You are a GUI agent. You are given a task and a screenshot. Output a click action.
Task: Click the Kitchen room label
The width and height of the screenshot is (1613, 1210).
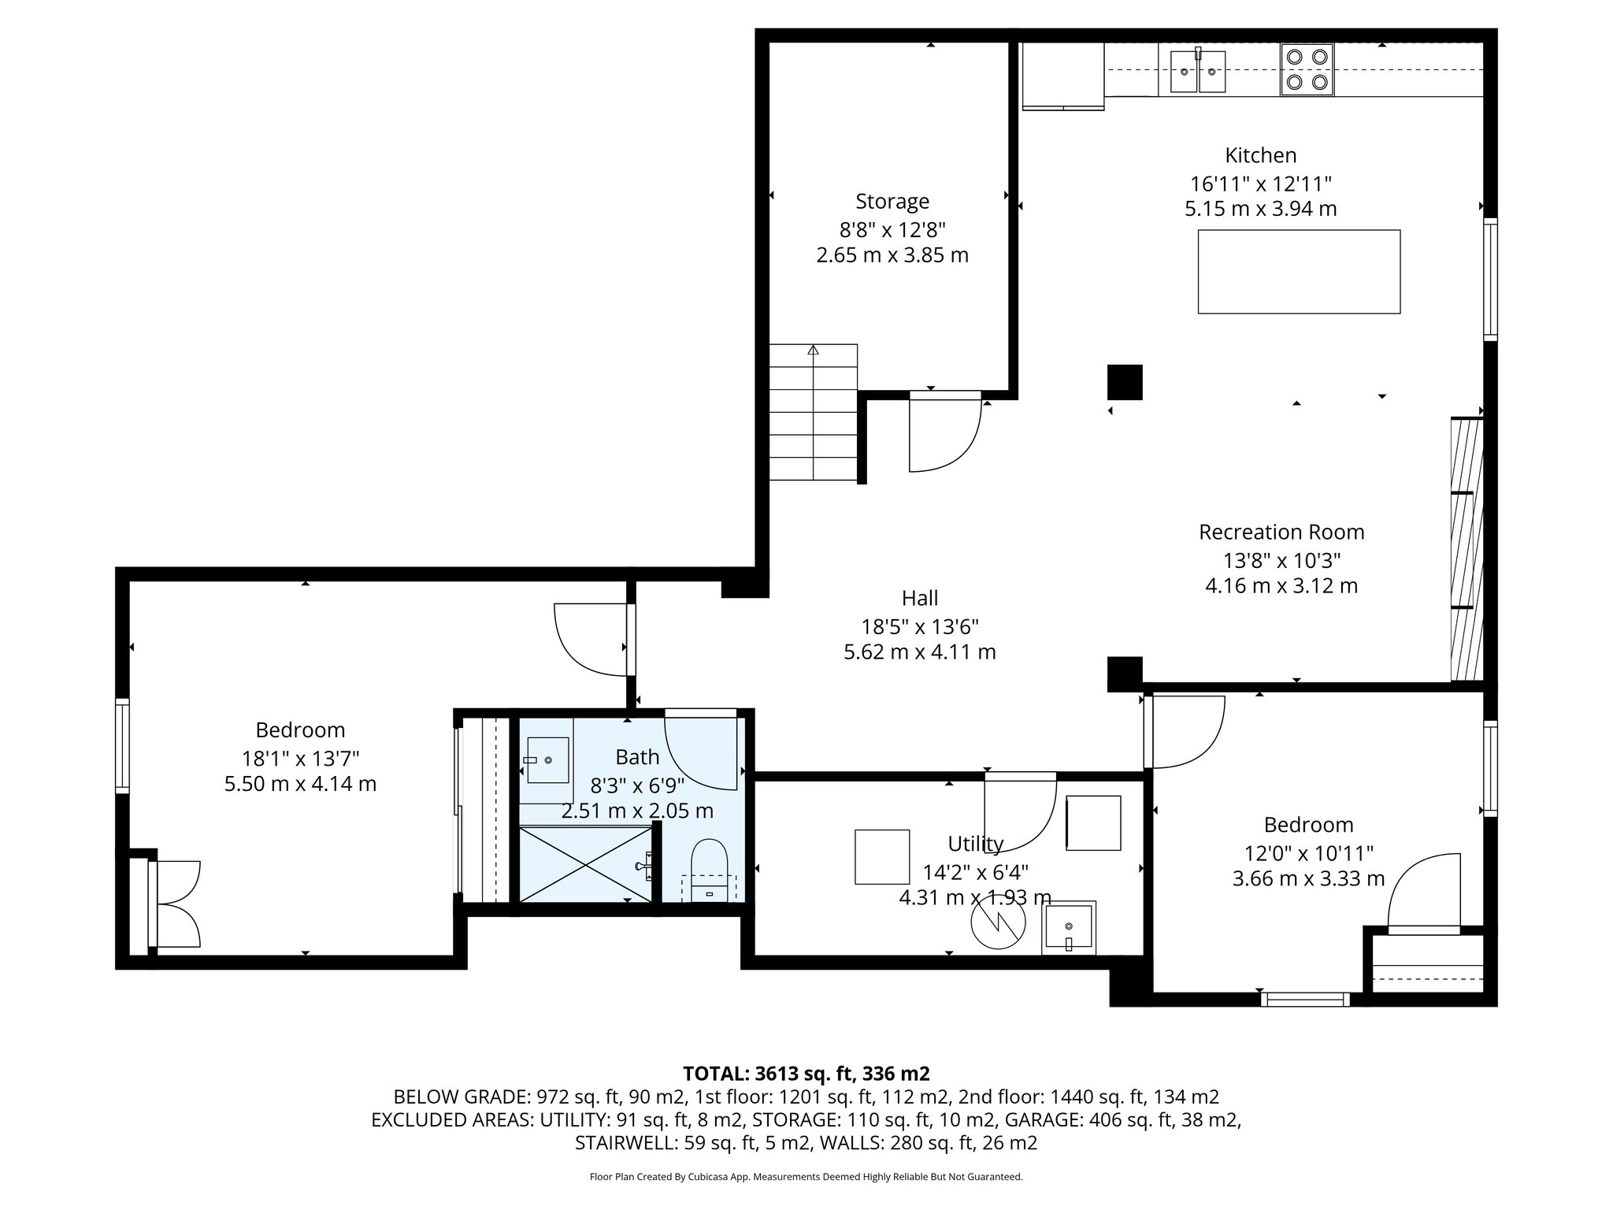tap(1260, 155)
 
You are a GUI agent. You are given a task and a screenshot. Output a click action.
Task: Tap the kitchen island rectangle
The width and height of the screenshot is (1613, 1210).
tap(1299, 272)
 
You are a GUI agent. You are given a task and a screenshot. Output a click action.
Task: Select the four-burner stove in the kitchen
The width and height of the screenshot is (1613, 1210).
tap(1307, 69)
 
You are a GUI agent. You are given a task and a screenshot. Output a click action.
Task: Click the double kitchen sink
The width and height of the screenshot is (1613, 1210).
tap(1197, 71)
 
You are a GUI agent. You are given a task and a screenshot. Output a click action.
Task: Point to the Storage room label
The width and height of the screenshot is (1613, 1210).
tap(892, 202)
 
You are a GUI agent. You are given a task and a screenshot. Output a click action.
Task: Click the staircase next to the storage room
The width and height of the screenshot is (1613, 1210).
tap(813, 412)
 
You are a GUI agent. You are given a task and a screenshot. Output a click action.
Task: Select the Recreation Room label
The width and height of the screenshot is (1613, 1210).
tap(1281, 532)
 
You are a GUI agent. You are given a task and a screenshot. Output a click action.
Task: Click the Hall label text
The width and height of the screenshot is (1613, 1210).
tap(920, 598)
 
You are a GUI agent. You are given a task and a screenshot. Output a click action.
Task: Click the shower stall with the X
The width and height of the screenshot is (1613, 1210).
tap(586, 863)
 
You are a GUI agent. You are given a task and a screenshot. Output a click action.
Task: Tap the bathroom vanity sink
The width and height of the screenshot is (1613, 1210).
tap(547, 760)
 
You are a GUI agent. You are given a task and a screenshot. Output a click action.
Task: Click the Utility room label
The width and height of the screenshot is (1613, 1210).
tap(975, 844)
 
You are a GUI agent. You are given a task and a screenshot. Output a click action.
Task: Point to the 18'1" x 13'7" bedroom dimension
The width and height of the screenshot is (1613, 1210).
tap(300, 759)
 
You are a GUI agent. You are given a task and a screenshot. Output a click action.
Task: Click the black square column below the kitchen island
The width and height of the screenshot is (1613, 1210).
tap(1125, 382)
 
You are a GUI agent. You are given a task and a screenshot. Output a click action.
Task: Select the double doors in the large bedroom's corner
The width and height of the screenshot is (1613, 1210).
tap(175, 904)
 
